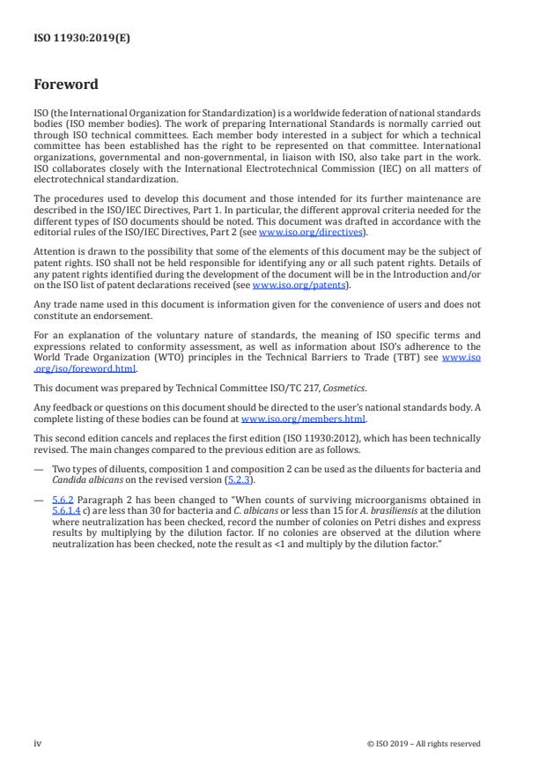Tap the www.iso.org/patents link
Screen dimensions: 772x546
pos(287,285)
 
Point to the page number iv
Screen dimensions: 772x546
pos(37,743)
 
